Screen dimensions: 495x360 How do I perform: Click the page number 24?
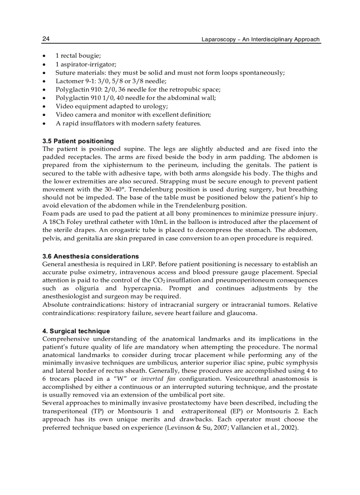46,39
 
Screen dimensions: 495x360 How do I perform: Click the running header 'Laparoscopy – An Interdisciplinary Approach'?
260,39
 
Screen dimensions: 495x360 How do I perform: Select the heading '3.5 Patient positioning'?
78,141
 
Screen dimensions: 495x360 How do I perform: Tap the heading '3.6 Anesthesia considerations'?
90,256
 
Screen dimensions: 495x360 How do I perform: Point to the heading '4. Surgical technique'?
76,331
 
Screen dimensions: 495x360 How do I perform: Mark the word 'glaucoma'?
243,313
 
